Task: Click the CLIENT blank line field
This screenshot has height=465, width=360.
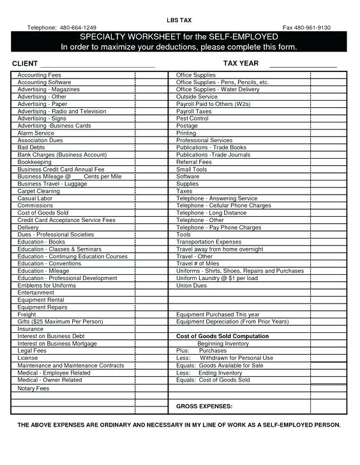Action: tap(97, 63)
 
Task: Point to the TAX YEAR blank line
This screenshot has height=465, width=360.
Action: tap(303, 63)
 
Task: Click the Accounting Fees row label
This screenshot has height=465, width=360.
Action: tap(39, 75)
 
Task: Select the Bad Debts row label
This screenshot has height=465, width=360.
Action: tap(31, 147)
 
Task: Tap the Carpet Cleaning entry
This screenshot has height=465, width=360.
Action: tap(38, 191)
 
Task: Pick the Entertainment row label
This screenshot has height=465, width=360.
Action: tap(36, 292)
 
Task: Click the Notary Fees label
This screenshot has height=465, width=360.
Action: tap(33, 388)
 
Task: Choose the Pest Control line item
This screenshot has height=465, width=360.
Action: tap(192, 119)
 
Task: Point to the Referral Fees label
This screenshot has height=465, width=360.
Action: tap(194, 162)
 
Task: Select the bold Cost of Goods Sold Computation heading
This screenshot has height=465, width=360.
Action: tap(222, 336)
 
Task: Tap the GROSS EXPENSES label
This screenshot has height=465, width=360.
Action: tap(204, 406)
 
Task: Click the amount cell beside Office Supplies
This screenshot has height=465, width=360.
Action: tap(328, 75)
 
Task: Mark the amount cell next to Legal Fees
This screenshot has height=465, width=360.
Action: tap(153, 351)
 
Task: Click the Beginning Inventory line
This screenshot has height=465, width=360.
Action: tap(223, 343)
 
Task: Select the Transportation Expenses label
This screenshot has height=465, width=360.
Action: tap(209, 242)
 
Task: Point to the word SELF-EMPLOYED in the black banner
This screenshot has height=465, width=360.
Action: tap(247, 37)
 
